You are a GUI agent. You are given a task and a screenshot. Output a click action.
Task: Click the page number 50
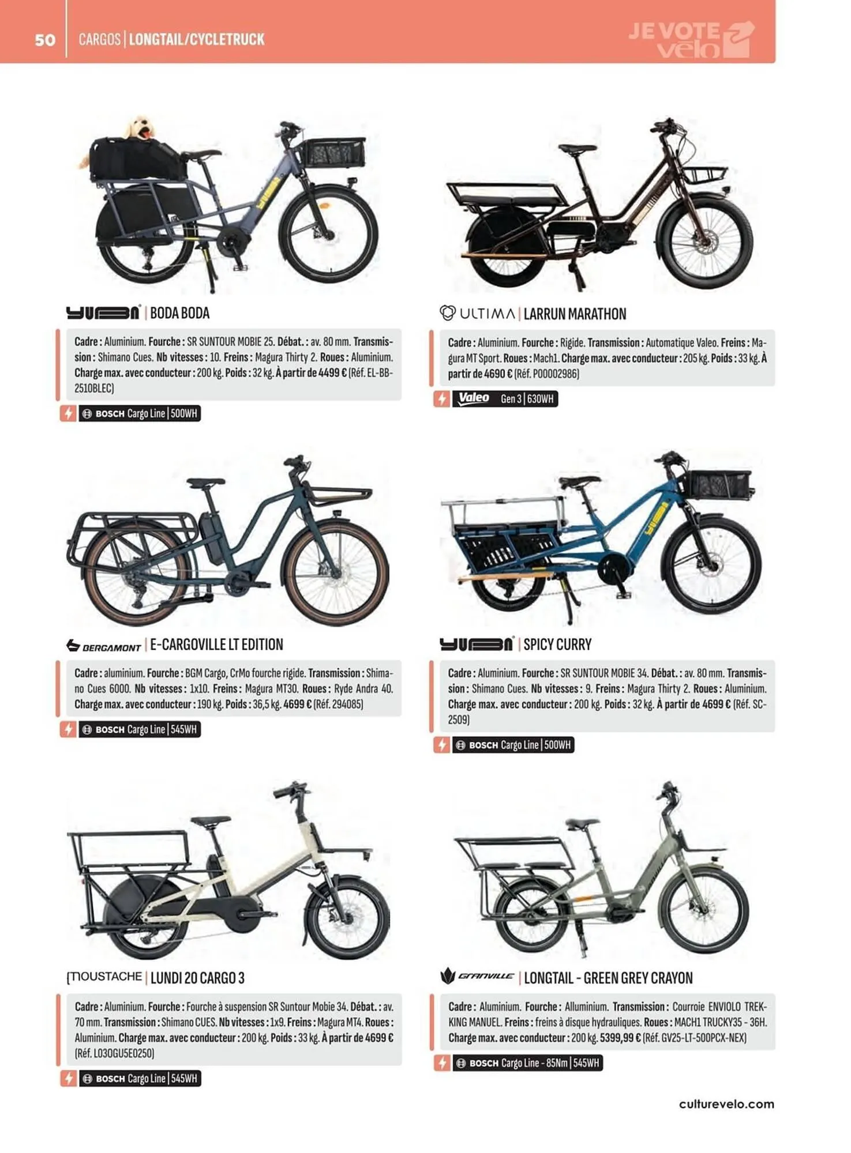click(x=45, y=40)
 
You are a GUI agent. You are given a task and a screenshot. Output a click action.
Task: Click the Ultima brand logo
click(x=477, y=314)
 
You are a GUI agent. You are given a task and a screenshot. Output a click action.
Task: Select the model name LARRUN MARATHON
click(x=575, y=314)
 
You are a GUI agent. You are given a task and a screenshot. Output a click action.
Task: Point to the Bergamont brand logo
click(x=104, y=646)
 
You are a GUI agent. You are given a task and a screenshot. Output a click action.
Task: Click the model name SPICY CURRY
click(x=557, y=645)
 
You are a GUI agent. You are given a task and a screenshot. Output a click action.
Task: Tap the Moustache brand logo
click(x=104, y=977)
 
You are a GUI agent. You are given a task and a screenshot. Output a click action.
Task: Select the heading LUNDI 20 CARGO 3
click(x=197, y=978)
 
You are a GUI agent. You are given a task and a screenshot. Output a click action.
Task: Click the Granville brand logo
click(x=477, y=977)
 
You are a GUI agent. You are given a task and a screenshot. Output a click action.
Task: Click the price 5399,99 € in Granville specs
click(x=620, y=1038)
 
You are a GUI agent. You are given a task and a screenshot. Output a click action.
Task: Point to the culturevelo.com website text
click(x=726, y=1104)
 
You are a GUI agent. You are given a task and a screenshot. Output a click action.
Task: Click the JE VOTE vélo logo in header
click(x=691, y=40)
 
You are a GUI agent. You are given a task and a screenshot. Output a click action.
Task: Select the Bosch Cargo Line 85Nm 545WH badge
click(x=527, y=1063)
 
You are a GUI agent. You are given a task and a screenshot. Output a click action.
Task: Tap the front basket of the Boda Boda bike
click(x=332, y=153)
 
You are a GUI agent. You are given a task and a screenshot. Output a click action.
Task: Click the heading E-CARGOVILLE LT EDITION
click(x=216, y=645)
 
